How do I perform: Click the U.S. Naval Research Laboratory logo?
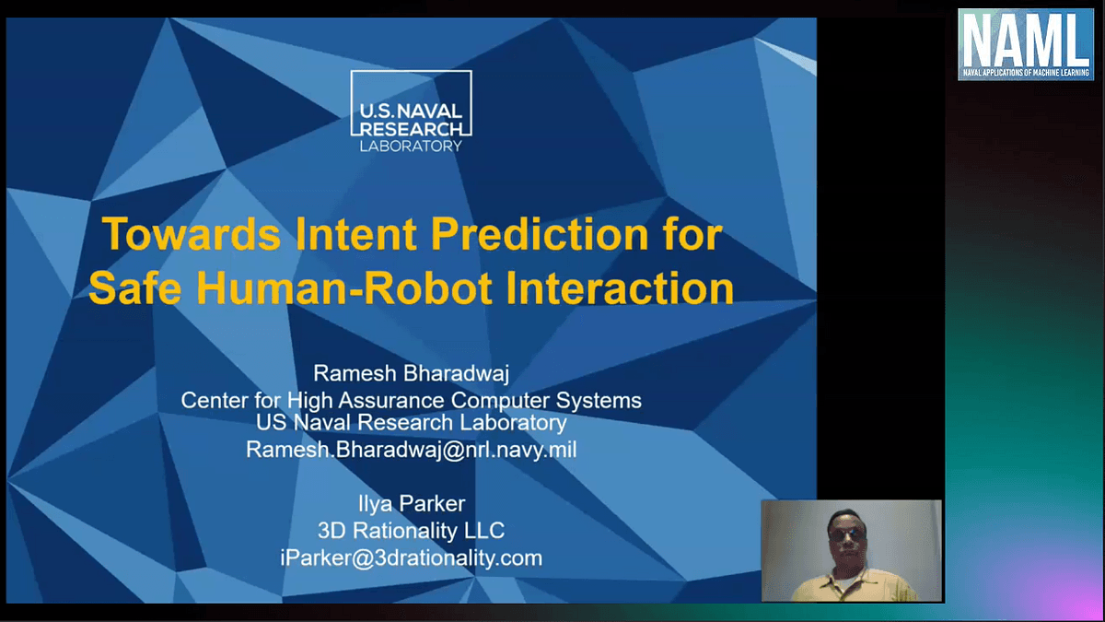click(x=411, y=111)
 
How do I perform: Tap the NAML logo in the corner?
click(x=1026, y=44)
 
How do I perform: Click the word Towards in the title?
click(x=192, y=234)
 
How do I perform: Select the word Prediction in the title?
click(x=540, y=234)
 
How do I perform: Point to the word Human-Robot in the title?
click(x=344, y=288)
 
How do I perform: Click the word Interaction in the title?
click(x=620, y=288)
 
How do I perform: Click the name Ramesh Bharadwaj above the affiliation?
click(x=411, y=373)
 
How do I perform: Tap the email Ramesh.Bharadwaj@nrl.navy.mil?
click(x=411, y=450)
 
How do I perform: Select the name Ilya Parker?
click(x=412, y=503)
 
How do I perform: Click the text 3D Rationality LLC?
click(x=411, y=531)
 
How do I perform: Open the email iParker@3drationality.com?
click(x=411, y=557)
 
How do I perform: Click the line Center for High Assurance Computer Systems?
click(x=411, y=400)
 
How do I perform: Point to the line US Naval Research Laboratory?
click(x=411, y=422)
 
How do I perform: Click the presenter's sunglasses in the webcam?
click(x=848, y=536)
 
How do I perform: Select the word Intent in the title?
click(x=355, y=234)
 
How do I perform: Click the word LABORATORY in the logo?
click(x=411, y=147)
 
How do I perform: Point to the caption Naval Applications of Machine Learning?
click(x=1026, y=73)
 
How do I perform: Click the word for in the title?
click(x=692, y=234)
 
